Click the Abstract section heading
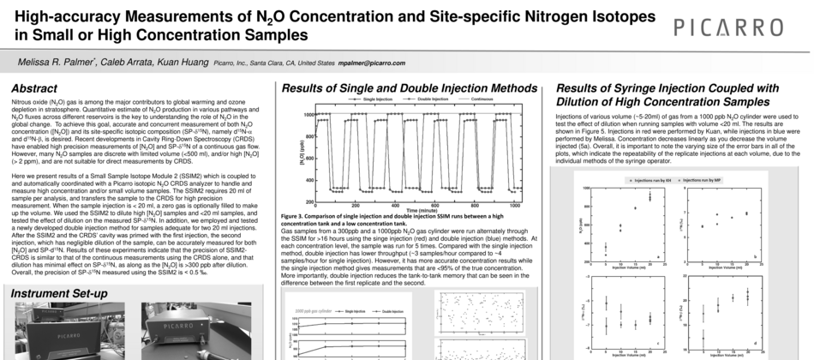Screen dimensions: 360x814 (x=35, y=89)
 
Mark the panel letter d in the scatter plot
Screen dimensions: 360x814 (x=753, y=343)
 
